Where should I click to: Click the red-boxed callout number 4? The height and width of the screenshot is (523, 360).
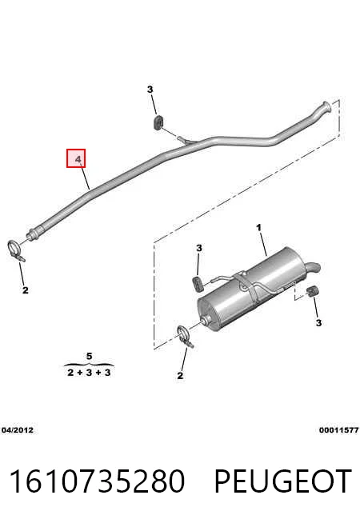[78, 159]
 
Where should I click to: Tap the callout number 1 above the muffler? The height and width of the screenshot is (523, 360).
[258, 228]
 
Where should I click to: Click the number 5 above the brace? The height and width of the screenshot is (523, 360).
[89, 356]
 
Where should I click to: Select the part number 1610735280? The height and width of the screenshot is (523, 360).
[97, 481]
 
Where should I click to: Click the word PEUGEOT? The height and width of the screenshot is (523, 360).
[282, 481]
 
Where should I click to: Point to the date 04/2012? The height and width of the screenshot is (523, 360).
[18, 430]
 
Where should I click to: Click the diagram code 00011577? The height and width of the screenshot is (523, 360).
[338, 430]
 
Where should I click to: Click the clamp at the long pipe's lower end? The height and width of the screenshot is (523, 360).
[15, 250]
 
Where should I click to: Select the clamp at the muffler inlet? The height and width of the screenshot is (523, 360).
[185, 336]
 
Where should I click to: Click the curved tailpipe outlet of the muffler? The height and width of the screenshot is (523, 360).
[313, 267]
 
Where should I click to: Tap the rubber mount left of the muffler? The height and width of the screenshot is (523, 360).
[198, 283]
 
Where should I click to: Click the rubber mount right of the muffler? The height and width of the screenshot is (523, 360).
[312, 291]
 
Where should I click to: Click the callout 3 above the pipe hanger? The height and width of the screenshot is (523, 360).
[150, 90]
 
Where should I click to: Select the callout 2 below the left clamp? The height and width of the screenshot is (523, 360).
[26, 290]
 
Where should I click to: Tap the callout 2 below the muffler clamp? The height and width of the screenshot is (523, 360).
[180, 376]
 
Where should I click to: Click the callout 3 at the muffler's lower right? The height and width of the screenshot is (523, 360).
[318, 323]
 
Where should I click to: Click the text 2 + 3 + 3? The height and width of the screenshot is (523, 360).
[89, 373]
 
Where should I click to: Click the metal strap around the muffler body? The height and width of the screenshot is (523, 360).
[247, 285]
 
